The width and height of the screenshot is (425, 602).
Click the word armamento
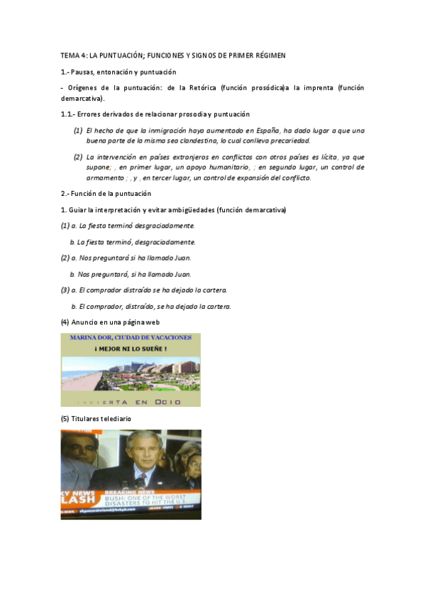pyautogui.click(x=105, y=178)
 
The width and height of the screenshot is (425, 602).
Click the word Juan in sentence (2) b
pyautogui.click(x=182, y=274)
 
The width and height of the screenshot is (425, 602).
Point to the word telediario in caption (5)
pyautogui.click(x=114, y=419)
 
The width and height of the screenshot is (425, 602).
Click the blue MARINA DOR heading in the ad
pyautogui.click(x=131, y=338)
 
